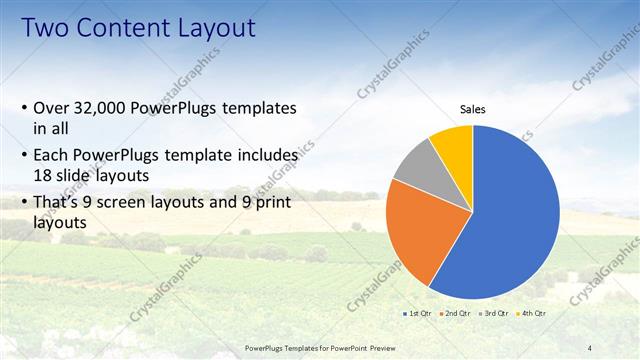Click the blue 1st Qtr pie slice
[510, 220]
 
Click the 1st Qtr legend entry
[419, 314]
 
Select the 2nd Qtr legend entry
[459, 314]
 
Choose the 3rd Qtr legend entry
[497, 314]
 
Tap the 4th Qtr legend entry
[533, 314]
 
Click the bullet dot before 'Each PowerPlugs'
[24, 156]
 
